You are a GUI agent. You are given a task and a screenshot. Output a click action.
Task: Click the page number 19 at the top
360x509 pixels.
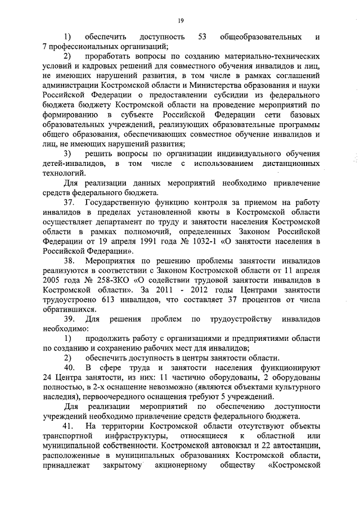(181, 21)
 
